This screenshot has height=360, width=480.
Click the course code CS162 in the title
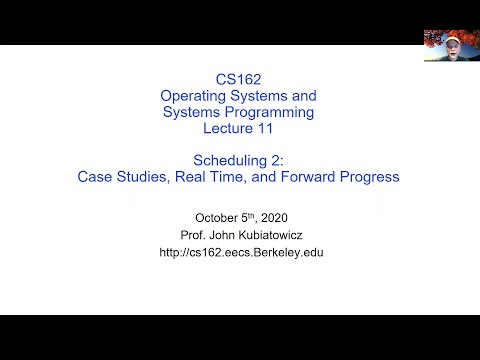pos(238,79)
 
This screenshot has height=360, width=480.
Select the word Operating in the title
pos(193,96)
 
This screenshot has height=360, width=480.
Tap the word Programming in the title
pos(269,112)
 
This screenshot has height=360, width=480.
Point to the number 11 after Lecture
pos(265,128)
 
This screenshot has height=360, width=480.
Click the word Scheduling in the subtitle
pos(230,161)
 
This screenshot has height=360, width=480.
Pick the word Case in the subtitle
pos(95,177)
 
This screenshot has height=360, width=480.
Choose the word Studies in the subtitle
pos(143,177)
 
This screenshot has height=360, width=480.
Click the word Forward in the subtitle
pos(308,177)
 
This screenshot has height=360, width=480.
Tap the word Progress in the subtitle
pos(369,177)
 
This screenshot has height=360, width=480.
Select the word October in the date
pos(216,218)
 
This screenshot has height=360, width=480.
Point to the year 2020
pos(274,218)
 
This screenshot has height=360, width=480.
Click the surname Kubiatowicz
pos(271,235)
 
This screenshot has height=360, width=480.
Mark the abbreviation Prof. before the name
pos(193,235)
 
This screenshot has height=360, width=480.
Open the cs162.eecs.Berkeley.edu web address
pos(241,253)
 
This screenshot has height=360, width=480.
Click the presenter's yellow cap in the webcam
pos(453,40)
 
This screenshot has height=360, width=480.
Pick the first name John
pos(223,235)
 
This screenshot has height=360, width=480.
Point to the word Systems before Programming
pos(192,112)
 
